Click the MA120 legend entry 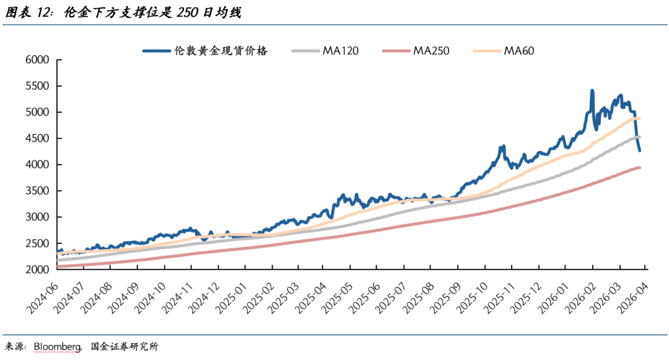[340, 51]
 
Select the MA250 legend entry [431, 51]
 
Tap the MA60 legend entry [518, 51]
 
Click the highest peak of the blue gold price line [592, 91]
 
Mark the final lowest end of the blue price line [640, 151]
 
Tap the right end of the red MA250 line [639, 167]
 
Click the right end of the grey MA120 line [639, 137]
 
